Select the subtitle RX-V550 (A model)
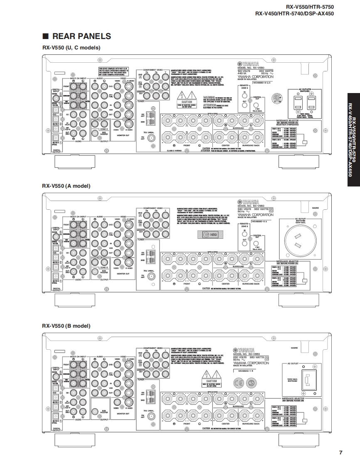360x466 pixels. pos(66,186)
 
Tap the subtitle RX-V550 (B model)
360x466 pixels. pos(66,326)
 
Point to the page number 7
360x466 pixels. pos(340,452)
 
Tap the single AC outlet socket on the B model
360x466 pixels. pos(308,380)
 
